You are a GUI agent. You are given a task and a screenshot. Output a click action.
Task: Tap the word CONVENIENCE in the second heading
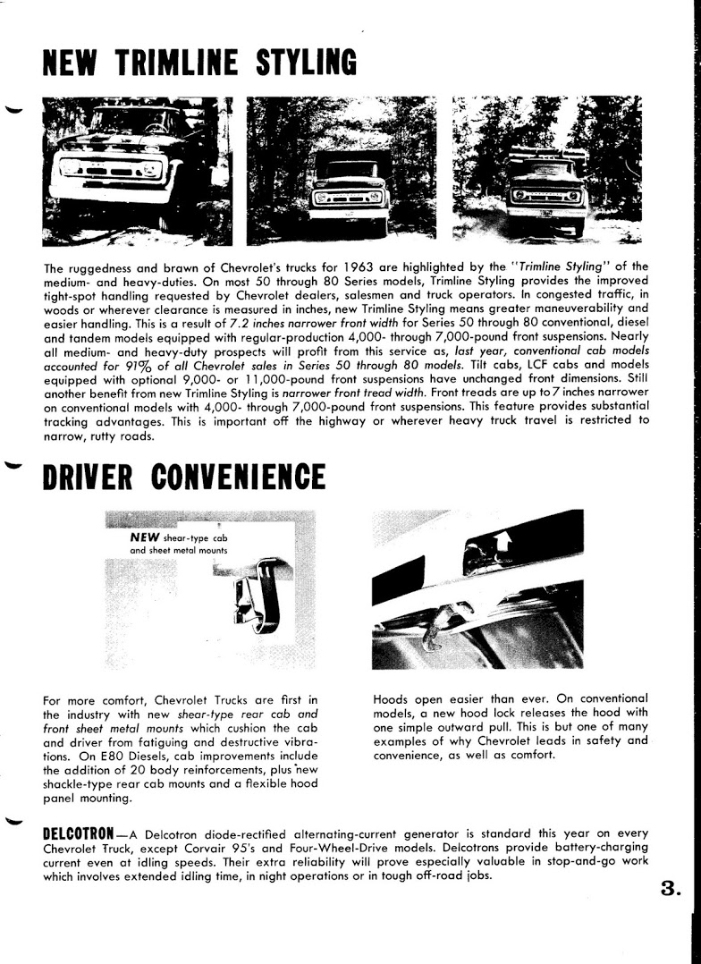tap(237, 477)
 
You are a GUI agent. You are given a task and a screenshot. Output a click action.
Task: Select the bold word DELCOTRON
tap(84, 833)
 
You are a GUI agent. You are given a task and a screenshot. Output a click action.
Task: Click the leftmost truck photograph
tap(137, 170)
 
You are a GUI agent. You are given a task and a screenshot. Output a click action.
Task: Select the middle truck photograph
tap(342, 170)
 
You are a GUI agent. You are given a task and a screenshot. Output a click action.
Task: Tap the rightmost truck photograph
tap(546, 170)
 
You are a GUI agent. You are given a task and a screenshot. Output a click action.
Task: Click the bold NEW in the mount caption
tap(144, 537)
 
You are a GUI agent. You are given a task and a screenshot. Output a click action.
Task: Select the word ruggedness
tap(104, 267)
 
